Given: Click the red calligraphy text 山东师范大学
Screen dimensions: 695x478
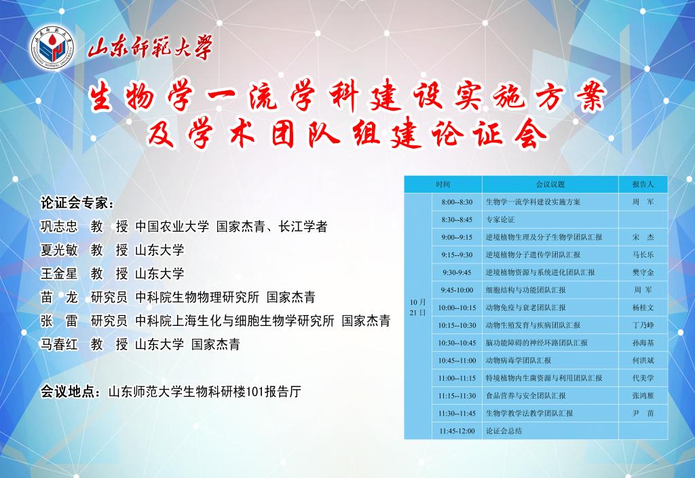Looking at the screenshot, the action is [x=150, y=47].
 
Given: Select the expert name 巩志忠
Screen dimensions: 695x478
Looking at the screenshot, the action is [x=59, y=227].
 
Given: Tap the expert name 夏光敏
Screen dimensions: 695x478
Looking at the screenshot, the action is [x=59, y=250].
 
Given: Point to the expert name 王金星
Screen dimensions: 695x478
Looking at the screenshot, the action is [x=59, y=274].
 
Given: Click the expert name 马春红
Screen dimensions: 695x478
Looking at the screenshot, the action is [x=59, y=344].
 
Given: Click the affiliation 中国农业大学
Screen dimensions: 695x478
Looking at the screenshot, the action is [x=172, y=227].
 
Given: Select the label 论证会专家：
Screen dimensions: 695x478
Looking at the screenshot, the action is [x=77, y=203].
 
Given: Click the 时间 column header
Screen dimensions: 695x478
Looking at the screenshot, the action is [x=443, y=185].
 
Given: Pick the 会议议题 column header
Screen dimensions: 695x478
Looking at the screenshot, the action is [x=550, y=185].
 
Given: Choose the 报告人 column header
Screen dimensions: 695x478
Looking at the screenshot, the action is [x=643, y=185].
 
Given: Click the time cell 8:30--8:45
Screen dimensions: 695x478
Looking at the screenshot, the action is [x=457, y=219].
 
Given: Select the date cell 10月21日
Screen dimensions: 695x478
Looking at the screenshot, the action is [x=417, y=308].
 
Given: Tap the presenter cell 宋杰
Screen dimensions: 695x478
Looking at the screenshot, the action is [x=643, y=237].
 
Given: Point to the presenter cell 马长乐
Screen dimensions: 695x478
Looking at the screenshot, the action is [x=643, y=255].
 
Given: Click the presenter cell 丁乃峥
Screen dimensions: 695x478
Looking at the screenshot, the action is [x=643, y=325].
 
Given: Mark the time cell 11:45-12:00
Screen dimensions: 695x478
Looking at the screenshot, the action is [x=457, y=431].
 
